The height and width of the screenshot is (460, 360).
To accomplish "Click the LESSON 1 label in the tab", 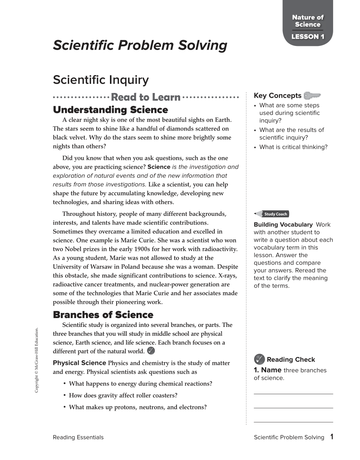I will pyautogui.click(x=308, y=37).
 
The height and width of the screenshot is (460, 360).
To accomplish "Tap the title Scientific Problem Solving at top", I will pyautogui.click(x=140, y=45).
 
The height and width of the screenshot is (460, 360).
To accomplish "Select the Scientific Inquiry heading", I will pyautogui.click(x=101, y=80).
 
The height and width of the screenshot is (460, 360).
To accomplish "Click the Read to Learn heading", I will pyautogui.click(x=146, y=97).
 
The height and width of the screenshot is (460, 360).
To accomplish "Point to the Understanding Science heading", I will pyautogui.click(x=110, y=110).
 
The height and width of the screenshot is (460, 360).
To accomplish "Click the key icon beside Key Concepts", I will pyautogui.click(x=312, y=96).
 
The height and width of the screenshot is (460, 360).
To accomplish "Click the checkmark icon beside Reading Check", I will pyautogui.click(x=259, y=359).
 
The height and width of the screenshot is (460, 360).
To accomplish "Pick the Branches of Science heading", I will pyautogui.click(x=103, y=315).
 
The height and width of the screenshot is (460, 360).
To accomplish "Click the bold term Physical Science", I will pyautogui.click(x=79, y=363).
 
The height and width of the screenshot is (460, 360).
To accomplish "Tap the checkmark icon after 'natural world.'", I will pyautogui.click(x=151, y=351).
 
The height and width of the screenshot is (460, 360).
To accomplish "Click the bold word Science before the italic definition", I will pyautogui.click(x=159, y=167).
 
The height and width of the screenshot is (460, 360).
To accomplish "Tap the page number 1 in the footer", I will pyautogui.click(x=332, y=437).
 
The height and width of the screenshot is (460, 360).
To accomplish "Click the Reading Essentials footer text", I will pyautogui.click(x=78, y=438).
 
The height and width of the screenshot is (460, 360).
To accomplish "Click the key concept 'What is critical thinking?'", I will pyautogui.click(x=293, y=147).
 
